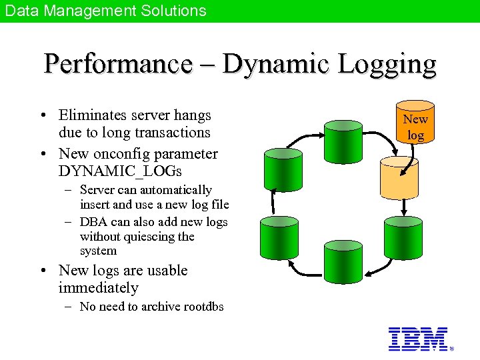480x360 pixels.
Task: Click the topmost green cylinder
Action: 343,134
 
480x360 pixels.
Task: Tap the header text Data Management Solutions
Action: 106,11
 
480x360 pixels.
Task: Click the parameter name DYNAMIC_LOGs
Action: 120,171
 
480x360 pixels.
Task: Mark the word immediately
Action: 98,288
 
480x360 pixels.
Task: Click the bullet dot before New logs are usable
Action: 43,271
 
